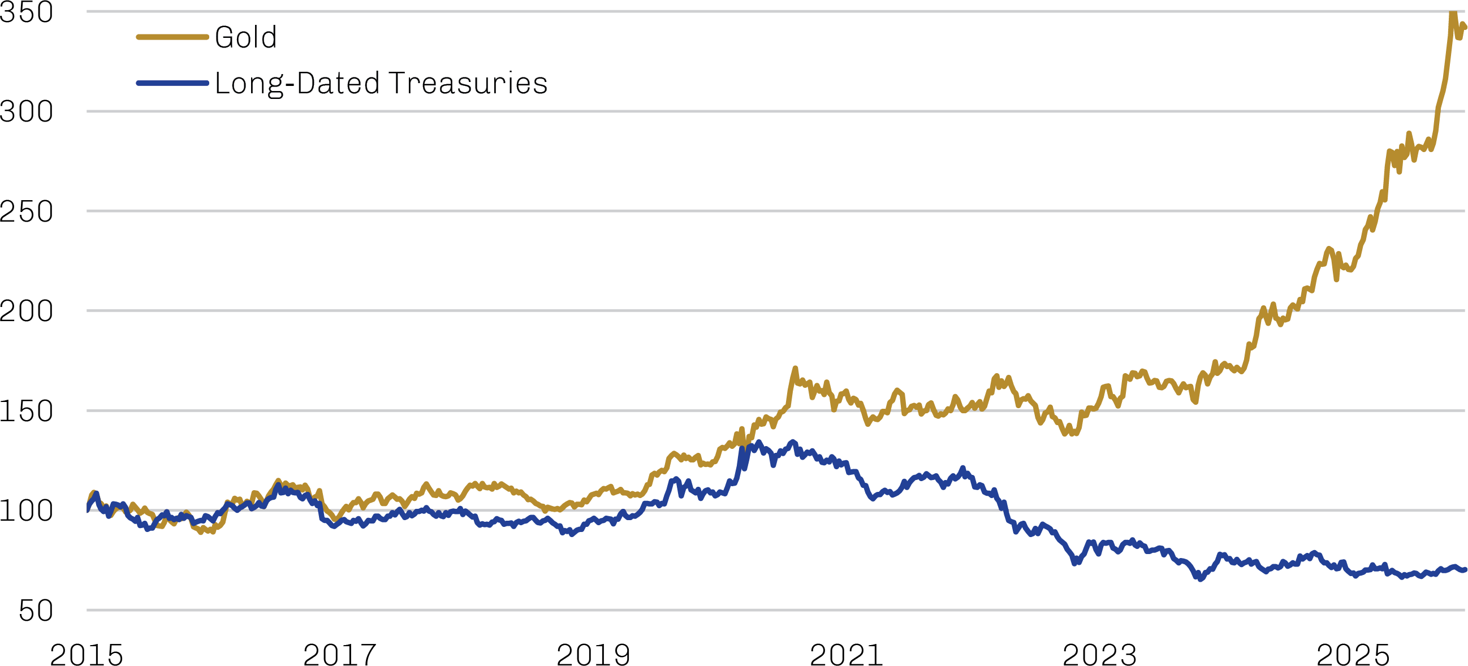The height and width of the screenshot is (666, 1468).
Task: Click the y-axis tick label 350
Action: tap(26, 12)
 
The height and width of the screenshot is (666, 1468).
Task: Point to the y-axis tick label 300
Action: tap(26, 112)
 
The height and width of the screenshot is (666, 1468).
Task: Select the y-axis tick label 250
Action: tap(26, 212)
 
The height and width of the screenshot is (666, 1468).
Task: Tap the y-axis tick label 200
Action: tap(26, 312)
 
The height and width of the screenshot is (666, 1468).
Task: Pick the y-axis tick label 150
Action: tap(26, 412)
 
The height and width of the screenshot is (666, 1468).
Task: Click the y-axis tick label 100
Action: tap(26, 511)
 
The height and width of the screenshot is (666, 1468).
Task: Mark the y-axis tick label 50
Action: tap(35, 611)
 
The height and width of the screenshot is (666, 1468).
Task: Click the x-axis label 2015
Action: tap(87, 654)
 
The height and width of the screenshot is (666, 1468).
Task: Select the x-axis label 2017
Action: tap(340, 654)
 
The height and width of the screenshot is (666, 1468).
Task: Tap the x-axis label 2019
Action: tap(593, 654)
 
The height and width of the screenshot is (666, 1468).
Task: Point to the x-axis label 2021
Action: tap(847, 654)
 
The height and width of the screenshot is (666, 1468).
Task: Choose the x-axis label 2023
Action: tap(1100, 654)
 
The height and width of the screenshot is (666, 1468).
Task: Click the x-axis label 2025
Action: tap(1353, 654)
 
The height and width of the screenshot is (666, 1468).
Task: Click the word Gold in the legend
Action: tap(245, 38)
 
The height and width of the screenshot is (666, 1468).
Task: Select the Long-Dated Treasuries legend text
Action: tap(381, 84)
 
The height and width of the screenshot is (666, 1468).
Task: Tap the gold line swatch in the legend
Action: tap(172, 38)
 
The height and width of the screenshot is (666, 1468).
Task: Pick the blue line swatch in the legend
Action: tap(172, 83)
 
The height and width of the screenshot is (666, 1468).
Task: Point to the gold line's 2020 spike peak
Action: tap(796, 369)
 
